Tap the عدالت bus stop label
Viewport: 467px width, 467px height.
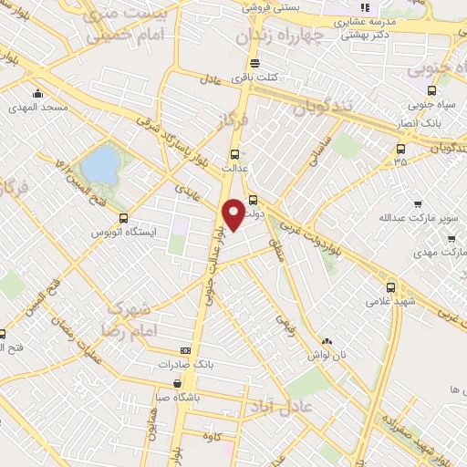pyautogui.click(x=234, y=169)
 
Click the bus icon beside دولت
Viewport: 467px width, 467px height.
pyautogui.click(x=254, y=201)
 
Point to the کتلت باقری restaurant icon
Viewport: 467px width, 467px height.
pyautogui.click(x=254, y=64)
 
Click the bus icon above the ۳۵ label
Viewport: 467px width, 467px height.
pyautogui.click(x=400, y=149)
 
